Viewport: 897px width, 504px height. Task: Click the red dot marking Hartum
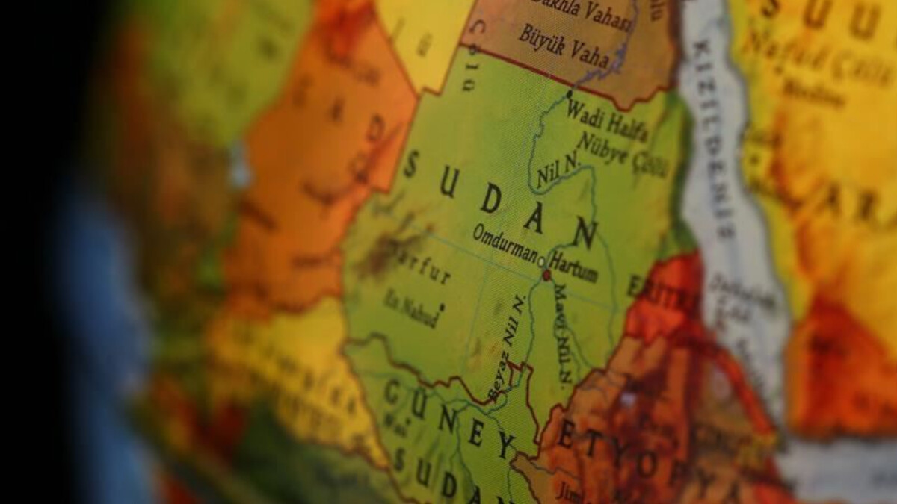(x=546, y=275)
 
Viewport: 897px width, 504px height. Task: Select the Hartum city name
(x=573, y=267)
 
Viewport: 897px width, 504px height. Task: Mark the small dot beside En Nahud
(x=442, y=305)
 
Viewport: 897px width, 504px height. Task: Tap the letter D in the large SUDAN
(x=490, y=199)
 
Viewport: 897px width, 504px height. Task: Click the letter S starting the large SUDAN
(x=410, y=164)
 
